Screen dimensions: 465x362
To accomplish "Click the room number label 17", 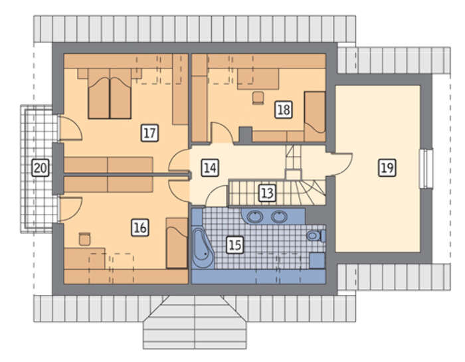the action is coord(149,133).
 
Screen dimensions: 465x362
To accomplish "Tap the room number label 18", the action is coord(284,110).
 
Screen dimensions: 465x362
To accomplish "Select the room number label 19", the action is coord(387,168).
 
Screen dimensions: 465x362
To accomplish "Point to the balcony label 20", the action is coord(41,168).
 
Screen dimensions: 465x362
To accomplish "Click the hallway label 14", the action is coord(210,168).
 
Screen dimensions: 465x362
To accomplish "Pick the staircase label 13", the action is coord(267,193).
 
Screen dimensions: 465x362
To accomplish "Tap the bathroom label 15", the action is coord(235,245).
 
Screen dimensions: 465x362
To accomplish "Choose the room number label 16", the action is coord(140,228).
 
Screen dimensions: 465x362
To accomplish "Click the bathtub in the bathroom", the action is coord(203,248).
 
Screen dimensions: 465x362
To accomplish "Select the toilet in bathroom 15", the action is coord(316,236).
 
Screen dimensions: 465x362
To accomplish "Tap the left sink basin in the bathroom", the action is coord(254,217).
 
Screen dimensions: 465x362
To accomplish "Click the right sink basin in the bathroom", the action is coord(279,217).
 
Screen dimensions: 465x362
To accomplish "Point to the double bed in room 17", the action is coord(110,94).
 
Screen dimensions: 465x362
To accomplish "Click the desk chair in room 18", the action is coord(258,98).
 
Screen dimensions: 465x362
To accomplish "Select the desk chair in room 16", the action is coord(85,238).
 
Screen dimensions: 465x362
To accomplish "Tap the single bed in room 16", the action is coord(177,243).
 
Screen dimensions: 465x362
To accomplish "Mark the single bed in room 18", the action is coord(315,116).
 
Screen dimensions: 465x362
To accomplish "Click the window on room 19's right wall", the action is coord(426,169).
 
